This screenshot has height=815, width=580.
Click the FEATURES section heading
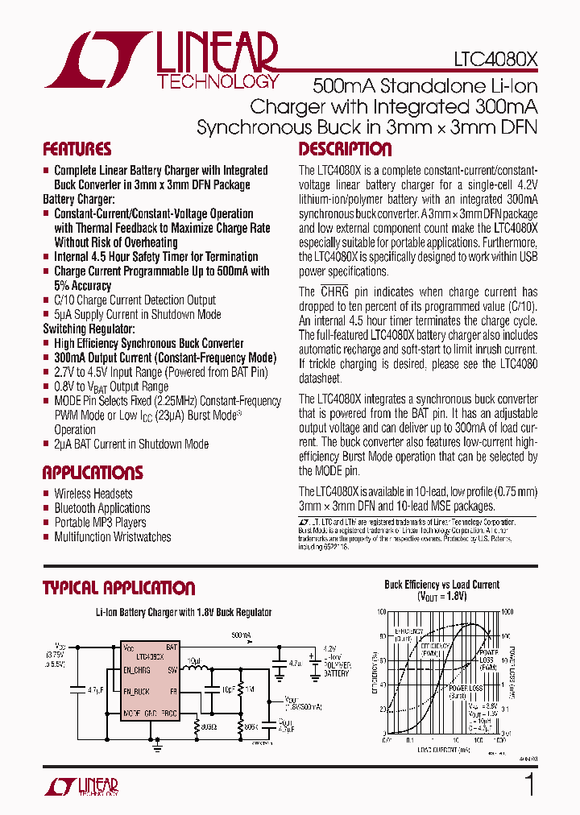tap(77, 150)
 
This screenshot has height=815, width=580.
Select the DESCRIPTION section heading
tap(345, 150)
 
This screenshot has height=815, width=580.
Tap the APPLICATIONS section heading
tap(93, 473)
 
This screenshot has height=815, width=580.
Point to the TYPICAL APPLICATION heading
tap(118, 588)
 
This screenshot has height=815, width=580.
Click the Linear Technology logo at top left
tap(161, 60)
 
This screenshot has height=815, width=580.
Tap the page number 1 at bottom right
tap(529, 784)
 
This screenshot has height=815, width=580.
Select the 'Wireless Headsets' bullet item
tap(93, 494)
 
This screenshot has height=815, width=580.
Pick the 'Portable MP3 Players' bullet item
tap(100, 523)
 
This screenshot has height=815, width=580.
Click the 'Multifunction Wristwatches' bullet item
tap(112, 537)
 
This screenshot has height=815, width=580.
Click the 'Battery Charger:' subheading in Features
tap(79, 199)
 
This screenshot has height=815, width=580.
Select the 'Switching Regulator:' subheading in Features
tap(89, 329)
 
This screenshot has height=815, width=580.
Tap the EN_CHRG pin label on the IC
tap(137, 670)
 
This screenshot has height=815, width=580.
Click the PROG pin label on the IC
tap(168, 714)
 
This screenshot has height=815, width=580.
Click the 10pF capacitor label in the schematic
tap(228, 689)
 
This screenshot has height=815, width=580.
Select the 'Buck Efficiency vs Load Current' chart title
tap(441, 585)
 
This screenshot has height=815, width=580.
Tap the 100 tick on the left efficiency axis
tap(380, 612)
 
